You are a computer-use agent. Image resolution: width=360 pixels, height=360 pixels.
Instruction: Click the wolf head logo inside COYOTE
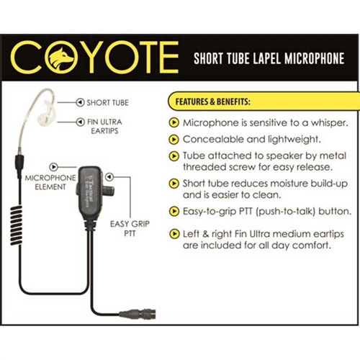pyautogui.click(x=61, y=57)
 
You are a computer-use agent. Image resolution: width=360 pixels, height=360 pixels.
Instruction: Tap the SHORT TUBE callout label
pyautogui.click(x=107, y=103)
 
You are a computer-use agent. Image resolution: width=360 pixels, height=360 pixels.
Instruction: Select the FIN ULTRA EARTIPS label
pyautogui.click(x=104, y=127)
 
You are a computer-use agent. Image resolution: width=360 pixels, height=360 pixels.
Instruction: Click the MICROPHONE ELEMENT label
pyautogui.click(x=50, y=182)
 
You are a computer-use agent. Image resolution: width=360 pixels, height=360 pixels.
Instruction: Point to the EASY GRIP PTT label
pyautogui.click(x=130, y=228)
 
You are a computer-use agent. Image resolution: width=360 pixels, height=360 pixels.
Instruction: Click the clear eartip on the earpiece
pyautogui.click(x=46, y=114)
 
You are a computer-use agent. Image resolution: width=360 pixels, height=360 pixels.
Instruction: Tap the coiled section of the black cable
pyautogui.click(x=17, y=225)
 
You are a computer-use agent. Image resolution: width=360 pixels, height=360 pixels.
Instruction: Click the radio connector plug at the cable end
pyautogui.click(x=138, y=313)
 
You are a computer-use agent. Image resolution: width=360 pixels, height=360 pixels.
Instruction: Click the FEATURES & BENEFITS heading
pyautogui.click(x=213, y=102)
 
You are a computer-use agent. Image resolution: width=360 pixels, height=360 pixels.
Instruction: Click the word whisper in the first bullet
pyautogui.click(x=330, y=123)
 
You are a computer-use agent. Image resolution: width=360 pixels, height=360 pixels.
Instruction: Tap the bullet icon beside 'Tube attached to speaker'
pyautogui.click(x=174, y=156)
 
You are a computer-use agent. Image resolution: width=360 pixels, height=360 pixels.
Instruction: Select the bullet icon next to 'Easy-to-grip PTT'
pyautogui.click(x=174, y=212)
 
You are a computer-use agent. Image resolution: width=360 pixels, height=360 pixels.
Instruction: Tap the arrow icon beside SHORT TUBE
pyautogui.click(x=80, y=102)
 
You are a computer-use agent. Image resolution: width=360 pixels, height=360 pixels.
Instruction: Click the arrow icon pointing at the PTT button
pyautogui.click(x=109, y=177)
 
